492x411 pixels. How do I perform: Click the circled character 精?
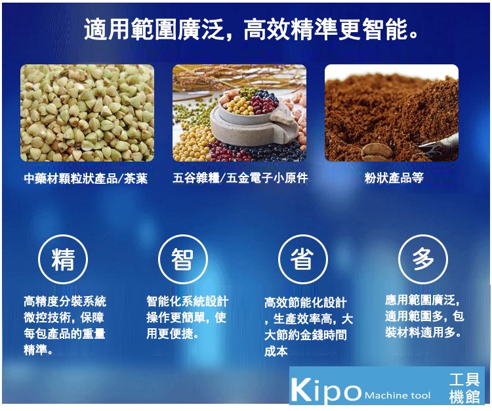tap(63, 259)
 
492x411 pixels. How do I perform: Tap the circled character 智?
tap(182, 259)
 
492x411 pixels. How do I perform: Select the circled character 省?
tap(302, 259)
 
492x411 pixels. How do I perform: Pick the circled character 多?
tap(423, 259)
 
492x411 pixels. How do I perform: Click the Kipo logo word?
tap(326, 390)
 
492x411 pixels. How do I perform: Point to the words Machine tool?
tap(398, 395)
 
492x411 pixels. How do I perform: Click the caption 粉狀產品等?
tap(394, 178)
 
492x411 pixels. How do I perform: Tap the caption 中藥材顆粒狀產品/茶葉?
tap(86, 179)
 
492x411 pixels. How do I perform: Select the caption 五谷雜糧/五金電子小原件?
tap(240, 178)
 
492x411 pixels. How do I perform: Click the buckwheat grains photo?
tap(87, 113)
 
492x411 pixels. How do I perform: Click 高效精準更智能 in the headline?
tap(331, 30)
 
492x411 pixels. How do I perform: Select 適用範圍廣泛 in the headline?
tap(154, 30)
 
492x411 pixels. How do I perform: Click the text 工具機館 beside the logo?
tap(464, 389)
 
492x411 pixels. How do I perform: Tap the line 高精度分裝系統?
tap(65, 301)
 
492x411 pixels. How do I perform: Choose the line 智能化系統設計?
tap(188, 301)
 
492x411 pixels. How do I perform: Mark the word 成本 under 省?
tap(276, 351)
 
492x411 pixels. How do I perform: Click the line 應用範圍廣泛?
tap(422, 300)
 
